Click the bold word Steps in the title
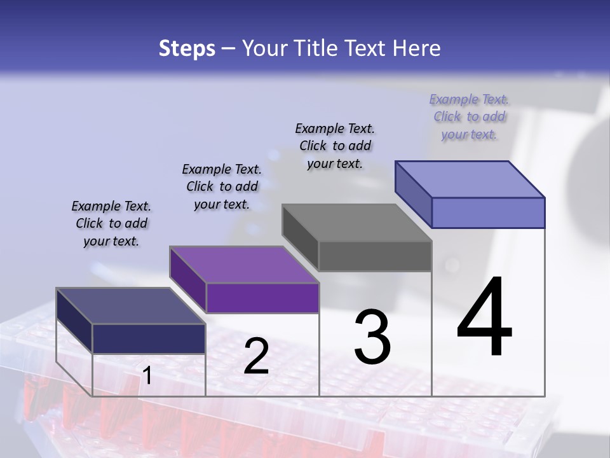click(187, 48)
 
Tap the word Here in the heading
click(417, 48)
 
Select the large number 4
click(485, 318)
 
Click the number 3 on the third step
click(372, 337)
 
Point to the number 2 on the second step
click(256, 356)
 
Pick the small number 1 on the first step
click(147, 376)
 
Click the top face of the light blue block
click(470, 179)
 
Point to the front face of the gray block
click(375, 256)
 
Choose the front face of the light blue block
click(488, 212)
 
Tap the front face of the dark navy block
click(149, 338)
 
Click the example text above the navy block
click(111, 223)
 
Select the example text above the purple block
click(222, 186)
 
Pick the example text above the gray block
click(335, 146)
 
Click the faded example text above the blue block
click(469, 116)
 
